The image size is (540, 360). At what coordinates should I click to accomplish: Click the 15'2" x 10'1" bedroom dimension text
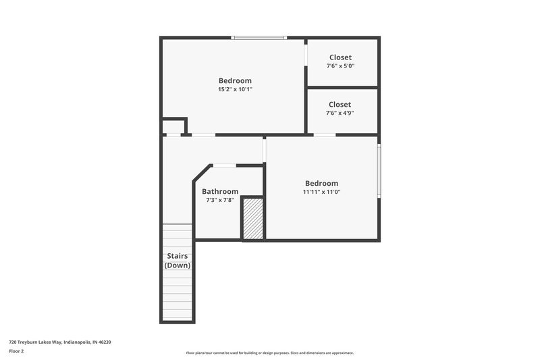[235, 89]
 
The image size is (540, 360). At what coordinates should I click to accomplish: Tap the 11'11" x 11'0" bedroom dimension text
[321, 192]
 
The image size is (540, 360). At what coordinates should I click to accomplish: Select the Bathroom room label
[220, 191]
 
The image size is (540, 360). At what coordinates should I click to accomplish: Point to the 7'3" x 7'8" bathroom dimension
[220, 200]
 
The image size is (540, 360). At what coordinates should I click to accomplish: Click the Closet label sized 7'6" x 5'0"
[340, 57]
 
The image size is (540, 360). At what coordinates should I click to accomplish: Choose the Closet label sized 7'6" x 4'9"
[340, 105]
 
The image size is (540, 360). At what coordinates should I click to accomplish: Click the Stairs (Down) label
[178, 260]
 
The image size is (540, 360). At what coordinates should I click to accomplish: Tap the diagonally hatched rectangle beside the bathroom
[253, 218]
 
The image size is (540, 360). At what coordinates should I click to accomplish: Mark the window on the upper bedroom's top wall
[259, 38]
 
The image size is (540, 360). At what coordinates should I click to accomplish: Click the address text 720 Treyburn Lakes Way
[60, 342]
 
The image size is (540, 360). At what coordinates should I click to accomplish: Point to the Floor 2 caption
[16, 351]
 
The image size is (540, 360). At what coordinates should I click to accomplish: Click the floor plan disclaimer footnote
[269, 353]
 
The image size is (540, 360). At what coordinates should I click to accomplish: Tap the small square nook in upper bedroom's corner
[173, 127]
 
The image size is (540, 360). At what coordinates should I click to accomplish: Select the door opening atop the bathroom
[225, 165]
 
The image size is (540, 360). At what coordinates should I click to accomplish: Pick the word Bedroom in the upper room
[235, 81]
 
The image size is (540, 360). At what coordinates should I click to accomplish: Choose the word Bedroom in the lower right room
[321, 183]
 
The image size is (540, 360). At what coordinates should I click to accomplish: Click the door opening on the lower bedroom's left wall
[265, 150]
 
